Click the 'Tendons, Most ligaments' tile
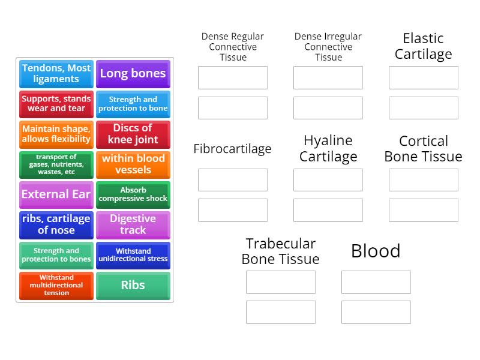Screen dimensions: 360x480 click(56, 74)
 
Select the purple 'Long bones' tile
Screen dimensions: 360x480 click(133, 74)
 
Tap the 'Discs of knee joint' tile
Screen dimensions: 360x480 click(133, 134)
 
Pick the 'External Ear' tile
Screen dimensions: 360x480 click(56, 195)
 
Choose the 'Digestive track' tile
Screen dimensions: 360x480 click(133, 225)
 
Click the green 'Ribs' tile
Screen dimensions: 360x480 click(133, 286)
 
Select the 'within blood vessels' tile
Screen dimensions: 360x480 click(133, 164)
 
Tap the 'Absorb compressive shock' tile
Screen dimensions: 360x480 click(133, 195)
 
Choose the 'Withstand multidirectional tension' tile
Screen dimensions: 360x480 click(56, 286)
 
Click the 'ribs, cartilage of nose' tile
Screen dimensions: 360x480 click(56, 225)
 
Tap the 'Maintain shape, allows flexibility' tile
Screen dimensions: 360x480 click(56, 134)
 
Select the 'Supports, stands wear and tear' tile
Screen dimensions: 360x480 click(56, 104)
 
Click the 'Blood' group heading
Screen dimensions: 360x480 click(376, 251)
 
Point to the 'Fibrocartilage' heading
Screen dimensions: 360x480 click(232, 149)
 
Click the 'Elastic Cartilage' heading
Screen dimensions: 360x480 click(423, 46)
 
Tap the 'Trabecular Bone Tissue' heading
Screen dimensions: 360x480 click(280, 251)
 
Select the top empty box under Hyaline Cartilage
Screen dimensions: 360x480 click(328, 180)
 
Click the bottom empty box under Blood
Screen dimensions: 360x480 click(376, 312)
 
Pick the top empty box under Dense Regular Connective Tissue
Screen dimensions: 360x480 click(233, 78)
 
